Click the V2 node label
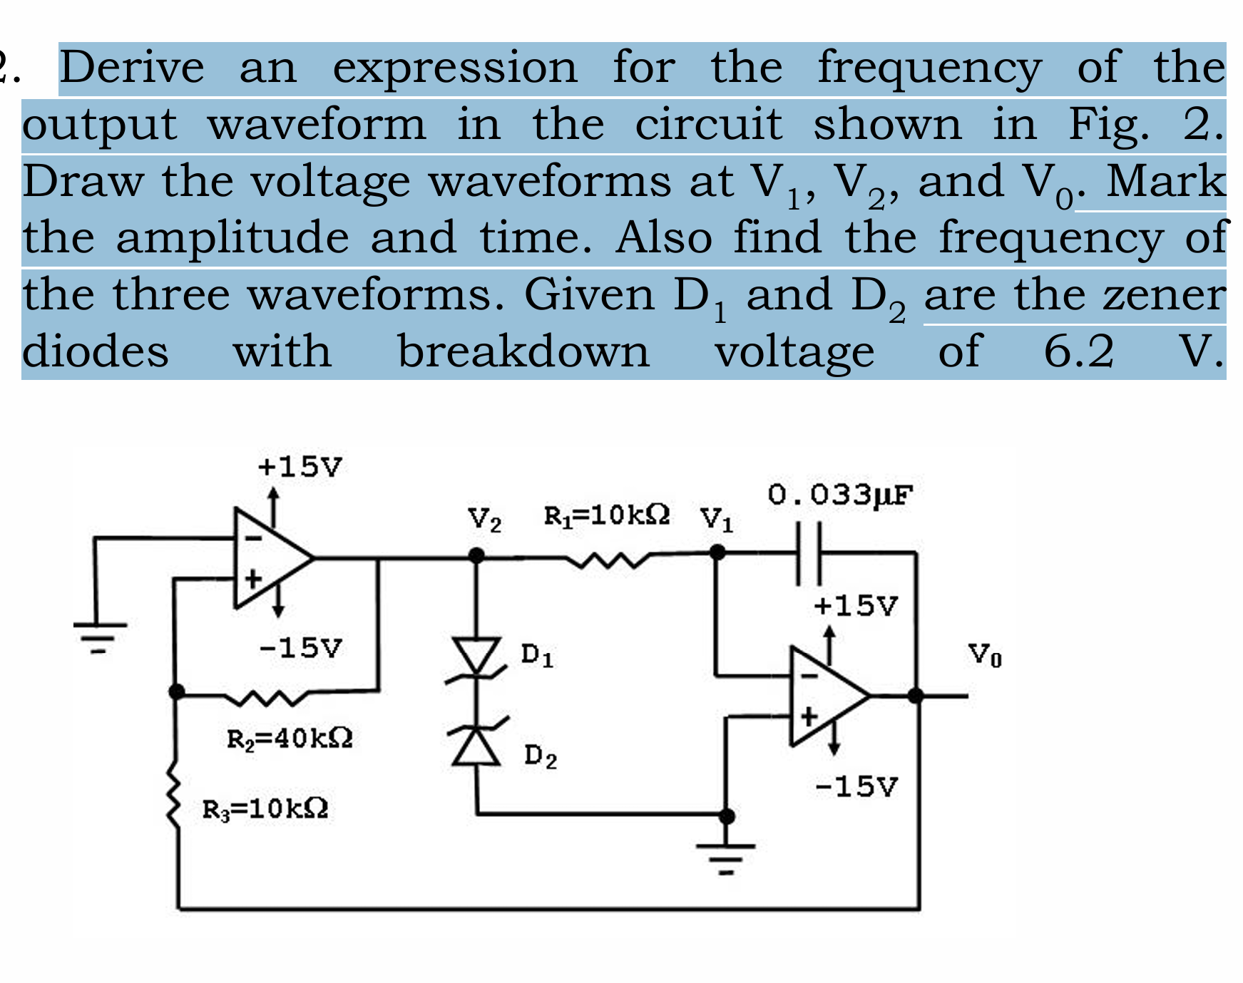[x=484, y=520]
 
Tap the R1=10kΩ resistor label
[x=606, y=515]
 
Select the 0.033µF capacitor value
[x=840, y=494]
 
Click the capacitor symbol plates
[x=809, y=553]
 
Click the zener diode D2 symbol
[x=476, y=741]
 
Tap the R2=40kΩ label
[x=290, y=738]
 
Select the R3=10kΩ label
[x=265, y=808]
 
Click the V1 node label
[x=716, y=519]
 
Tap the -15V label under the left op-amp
[x=300, y=648]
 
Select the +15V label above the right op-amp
[x=855, y=606]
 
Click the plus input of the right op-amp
[x=808, y=716]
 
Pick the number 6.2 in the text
[x=1078, y=351]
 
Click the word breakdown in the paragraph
[x=523, y=351]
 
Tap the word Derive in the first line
[x=132, y=67]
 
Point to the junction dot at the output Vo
[x=916, y=696]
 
